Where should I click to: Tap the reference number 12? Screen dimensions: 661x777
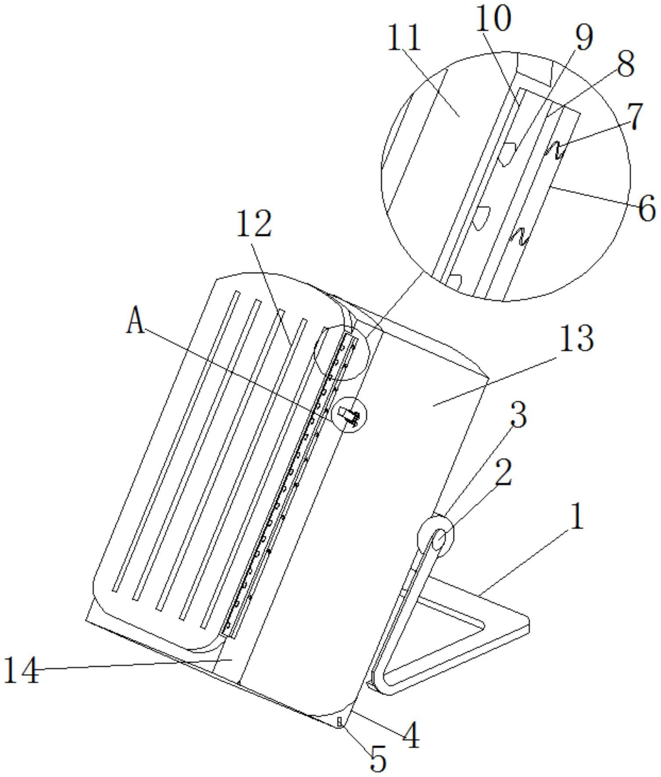click(254, 224)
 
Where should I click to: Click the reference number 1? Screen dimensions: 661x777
click(577, 517)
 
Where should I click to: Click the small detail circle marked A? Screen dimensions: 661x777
click(349, 414)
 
